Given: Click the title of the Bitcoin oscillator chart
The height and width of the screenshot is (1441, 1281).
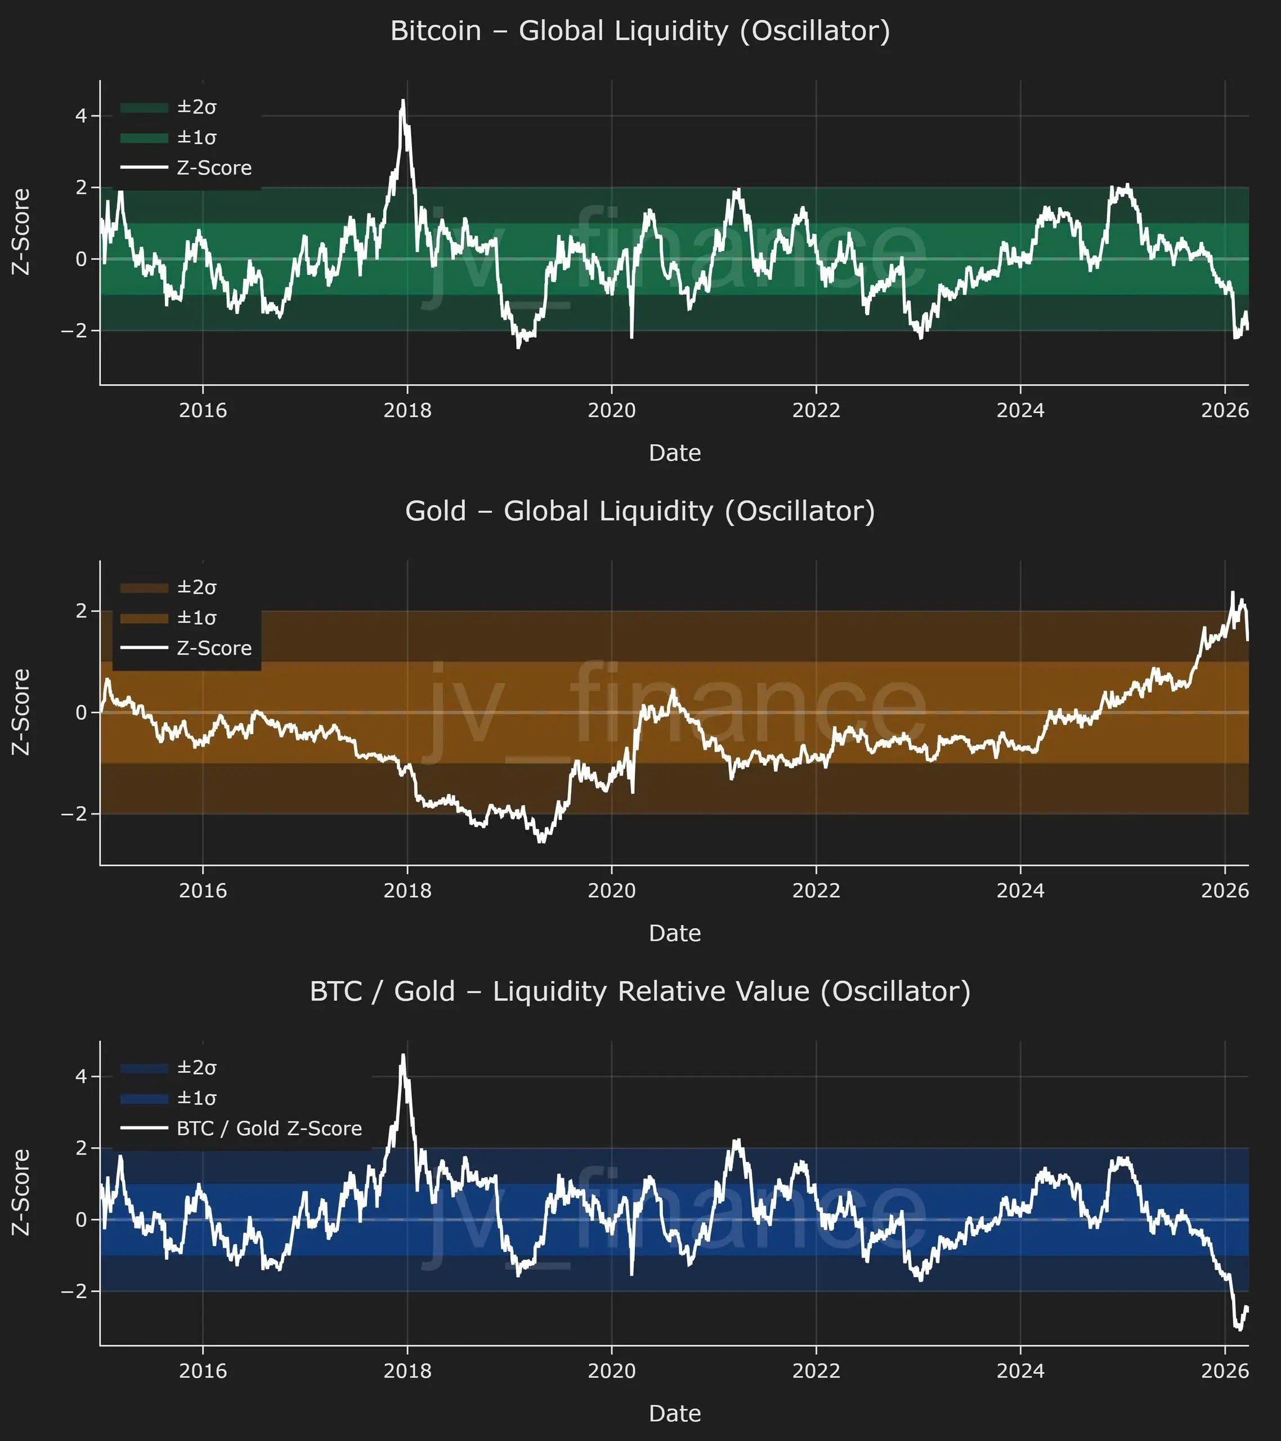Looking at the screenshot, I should tap(640, 31).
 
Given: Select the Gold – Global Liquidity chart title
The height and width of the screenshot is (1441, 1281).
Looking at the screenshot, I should tap(640, 511).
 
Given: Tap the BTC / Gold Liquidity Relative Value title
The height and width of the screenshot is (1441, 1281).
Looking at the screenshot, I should tap(640, 991).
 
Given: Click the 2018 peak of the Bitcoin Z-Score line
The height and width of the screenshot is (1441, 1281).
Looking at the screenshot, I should tap(403, 101).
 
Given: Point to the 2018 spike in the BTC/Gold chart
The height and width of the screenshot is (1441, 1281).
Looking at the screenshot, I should tap(403, 1055).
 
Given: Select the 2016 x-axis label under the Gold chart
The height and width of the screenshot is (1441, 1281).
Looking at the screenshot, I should tap(203, 890).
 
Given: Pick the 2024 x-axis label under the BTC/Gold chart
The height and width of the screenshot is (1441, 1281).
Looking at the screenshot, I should tap(1020, 1371).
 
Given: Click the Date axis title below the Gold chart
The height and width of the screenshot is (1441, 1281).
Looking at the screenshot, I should tap(675, 933).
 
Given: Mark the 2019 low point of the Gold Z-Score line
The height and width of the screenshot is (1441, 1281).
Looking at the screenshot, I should tap(541, 842).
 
